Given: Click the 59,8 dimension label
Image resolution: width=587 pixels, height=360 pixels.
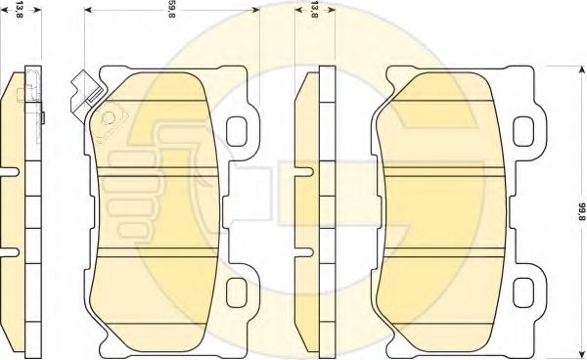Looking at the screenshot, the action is point(170,10).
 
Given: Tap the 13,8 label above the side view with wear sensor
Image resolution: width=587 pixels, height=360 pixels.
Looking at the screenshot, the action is point(20,10).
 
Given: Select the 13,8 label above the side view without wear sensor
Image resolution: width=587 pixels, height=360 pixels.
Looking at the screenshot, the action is point(314,10).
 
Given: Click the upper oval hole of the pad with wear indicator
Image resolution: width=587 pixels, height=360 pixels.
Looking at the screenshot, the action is point(237,131).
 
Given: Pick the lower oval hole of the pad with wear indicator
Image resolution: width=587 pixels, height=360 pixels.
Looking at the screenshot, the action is point(237,293).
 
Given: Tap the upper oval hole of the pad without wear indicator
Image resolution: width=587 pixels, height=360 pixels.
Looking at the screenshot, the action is point(523,131).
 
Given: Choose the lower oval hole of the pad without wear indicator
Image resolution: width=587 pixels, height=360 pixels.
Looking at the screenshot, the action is point(523,293).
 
